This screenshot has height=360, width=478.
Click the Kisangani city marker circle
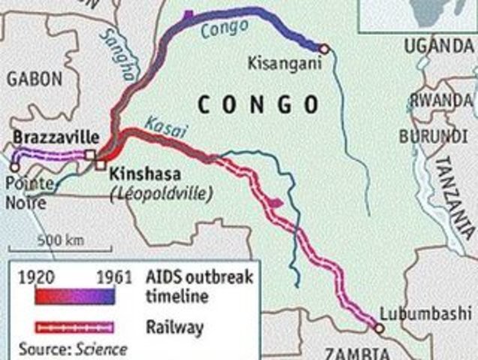click(324, 49)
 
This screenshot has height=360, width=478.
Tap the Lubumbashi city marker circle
click(379, 328)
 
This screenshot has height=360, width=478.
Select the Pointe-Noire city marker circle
click(15, 159)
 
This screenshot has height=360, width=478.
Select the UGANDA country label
click(439, 46)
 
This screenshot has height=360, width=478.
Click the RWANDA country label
click(442, 100)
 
